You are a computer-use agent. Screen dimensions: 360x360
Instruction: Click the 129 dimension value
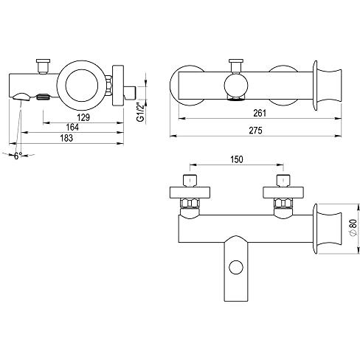pos(83,117)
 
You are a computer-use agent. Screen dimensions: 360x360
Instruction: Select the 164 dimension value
pos(72,127)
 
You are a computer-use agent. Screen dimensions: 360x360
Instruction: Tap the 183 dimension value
pos(66,138)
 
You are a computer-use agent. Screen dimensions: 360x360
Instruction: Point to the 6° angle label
pos(18,156)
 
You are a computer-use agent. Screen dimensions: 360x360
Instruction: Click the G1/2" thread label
pos(140,112)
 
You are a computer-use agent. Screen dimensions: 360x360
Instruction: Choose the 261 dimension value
pos(260,113)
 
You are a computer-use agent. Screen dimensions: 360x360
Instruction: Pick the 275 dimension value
pos(255,131)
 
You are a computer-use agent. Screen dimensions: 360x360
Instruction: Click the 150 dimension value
pos(237,159)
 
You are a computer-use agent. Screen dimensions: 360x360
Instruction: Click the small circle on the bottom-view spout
pos(236,267)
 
